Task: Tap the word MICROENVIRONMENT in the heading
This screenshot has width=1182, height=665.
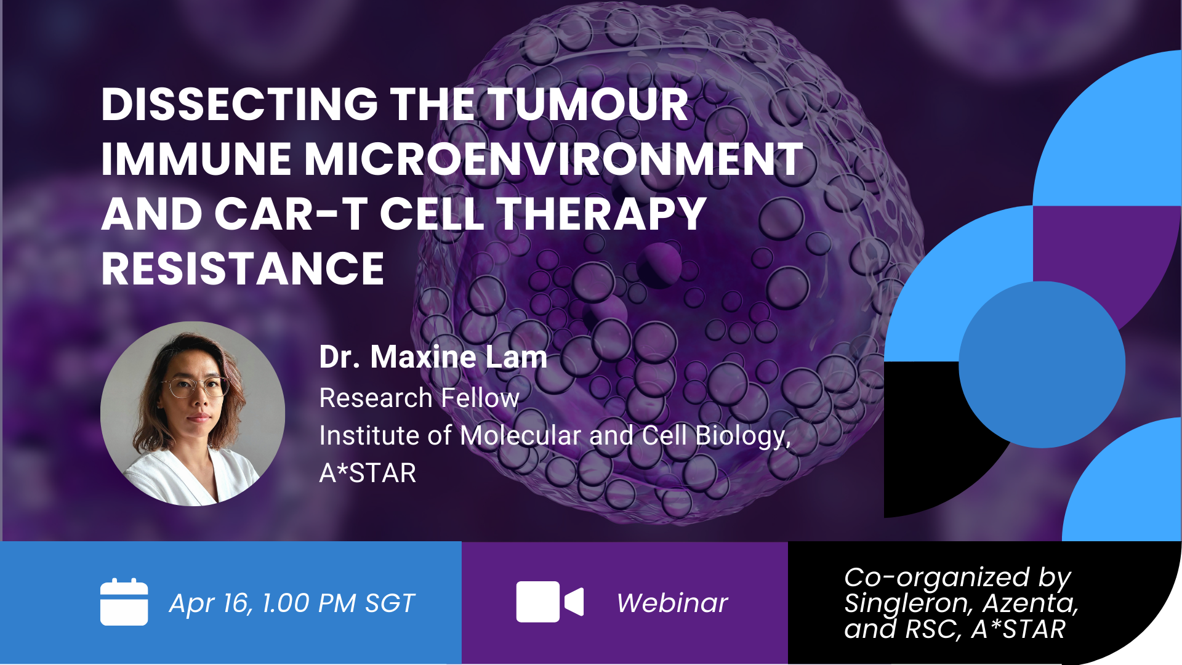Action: point(553,159)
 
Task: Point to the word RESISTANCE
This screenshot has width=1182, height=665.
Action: point(243,269)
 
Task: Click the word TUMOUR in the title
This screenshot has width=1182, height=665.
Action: point(588,104)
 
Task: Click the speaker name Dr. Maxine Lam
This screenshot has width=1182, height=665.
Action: point(433,357)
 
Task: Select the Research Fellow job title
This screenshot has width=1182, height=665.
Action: point(419,398)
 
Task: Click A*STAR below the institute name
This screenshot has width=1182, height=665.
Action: point(368,473)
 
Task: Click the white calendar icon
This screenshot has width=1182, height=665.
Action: point(124,602)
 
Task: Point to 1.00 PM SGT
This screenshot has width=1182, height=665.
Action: point(339,603)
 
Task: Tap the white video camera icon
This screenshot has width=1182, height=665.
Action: point(549,602)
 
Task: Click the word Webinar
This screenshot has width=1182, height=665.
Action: point(672,603)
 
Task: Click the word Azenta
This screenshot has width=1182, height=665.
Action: point(1029,603)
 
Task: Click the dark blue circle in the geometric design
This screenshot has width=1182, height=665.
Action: point(1042,365)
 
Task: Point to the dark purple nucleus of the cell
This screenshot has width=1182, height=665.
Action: point(659,265)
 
